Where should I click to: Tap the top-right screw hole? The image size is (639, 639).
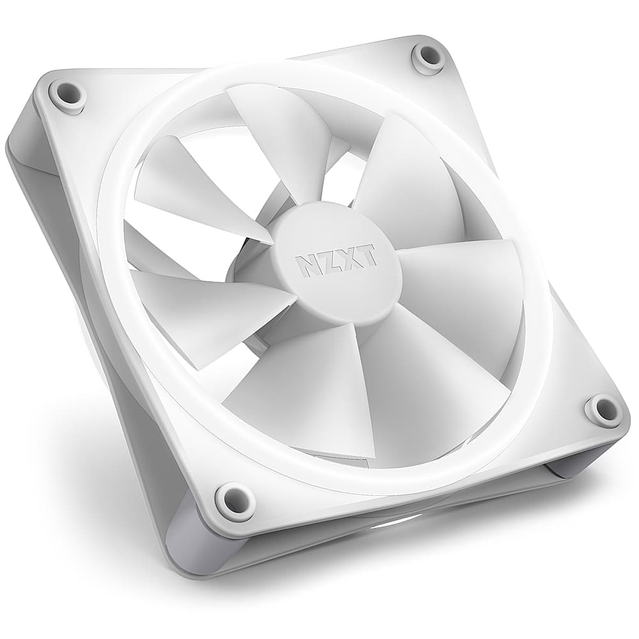pos(428,56)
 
